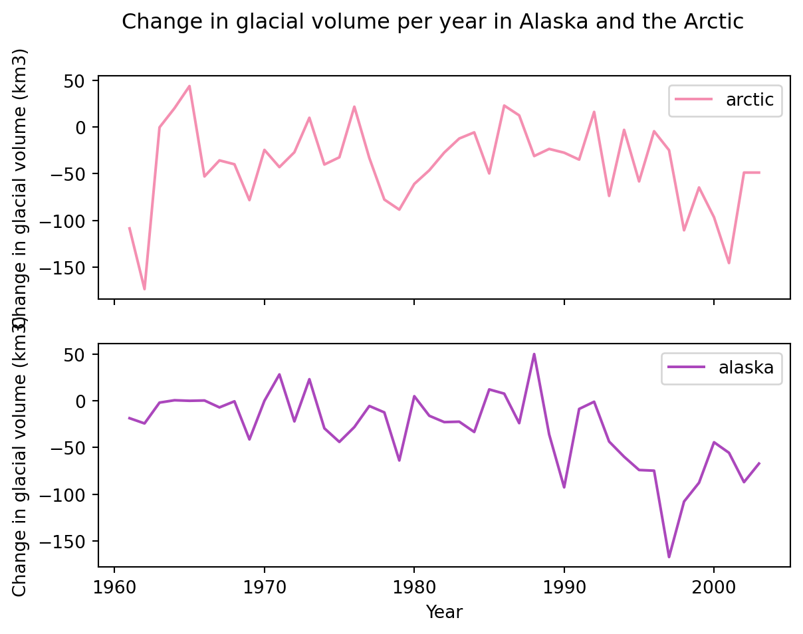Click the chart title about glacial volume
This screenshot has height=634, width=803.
pos(433,22)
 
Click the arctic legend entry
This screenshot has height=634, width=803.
pos(725,100)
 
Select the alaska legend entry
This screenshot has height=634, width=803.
pos(721,368)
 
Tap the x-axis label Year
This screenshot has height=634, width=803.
pos(444,612)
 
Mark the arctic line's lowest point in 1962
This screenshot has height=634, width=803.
pos(144,289)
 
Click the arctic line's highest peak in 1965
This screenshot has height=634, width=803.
pos(189,86)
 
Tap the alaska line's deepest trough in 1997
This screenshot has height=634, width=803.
pos(669,557)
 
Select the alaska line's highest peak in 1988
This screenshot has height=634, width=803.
pos(534,354)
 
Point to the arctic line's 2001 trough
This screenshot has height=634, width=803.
pos(729,263)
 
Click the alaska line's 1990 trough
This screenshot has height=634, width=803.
pos(564,487)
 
